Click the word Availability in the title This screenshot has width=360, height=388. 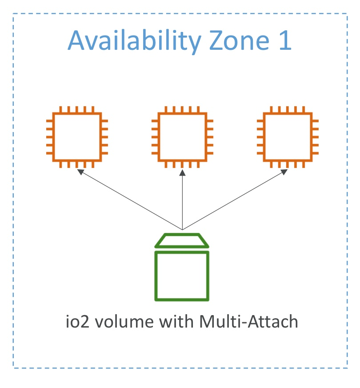[135, 41]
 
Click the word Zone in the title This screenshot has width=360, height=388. [237, 41]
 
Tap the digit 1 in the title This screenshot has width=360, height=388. [284, 41]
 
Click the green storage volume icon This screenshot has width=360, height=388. [182, 267]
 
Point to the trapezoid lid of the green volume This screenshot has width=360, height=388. [182, 241]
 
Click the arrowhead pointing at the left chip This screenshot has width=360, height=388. [81, 172]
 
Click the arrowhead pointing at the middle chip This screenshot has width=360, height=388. [182, 172]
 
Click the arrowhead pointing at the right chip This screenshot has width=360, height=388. [284, 172]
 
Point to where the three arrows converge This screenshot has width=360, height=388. [182, 229]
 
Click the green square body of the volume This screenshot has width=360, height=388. [182, 276]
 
